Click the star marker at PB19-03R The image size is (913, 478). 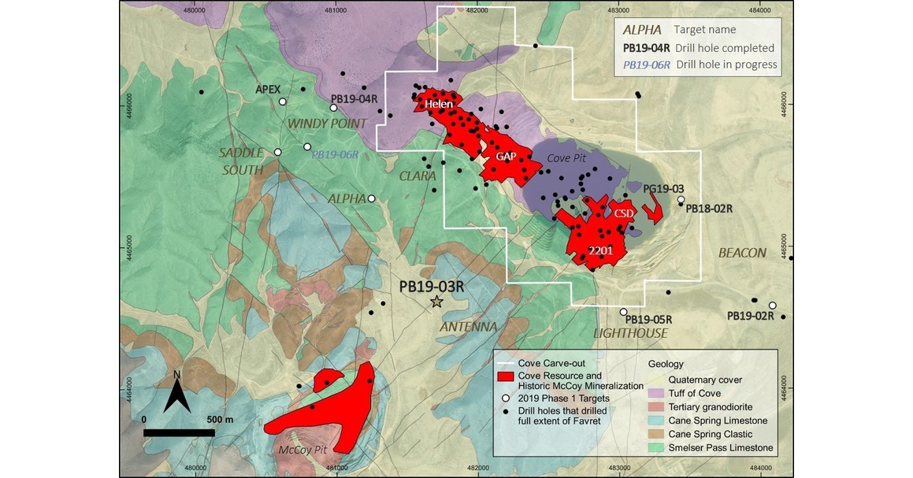[436, 302]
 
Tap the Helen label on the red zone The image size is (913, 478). [439, 104]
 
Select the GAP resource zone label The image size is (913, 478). [505, 157]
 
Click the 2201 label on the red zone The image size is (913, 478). [600, 250]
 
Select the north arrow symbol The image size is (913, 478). [178, 391]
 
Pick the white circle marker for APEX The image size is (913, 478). [282, 102]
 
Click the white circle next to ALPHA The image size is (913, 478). [372, 198]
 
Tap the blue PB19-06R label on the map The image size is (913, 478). [336, 155]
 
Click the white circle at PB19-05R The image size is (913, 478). [623, 312]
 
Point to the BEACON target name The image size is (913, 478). [742, 253]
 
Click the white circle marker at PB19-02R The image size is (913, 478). [773, 306]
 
